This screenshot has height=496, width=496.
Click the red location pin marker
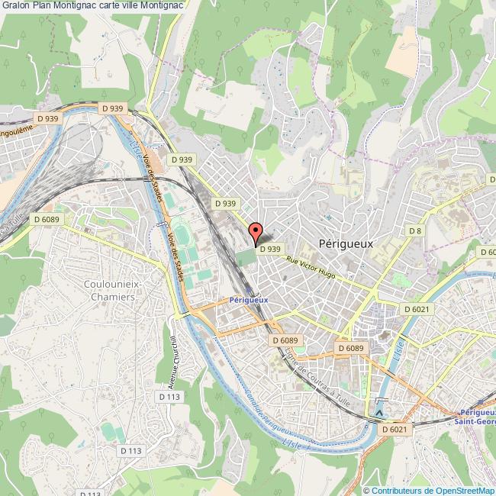click(256, 233)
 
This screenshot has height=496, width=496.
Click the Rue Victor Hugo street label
click(312, 266)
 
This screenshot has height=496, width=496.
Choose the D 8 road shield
click(414, 230)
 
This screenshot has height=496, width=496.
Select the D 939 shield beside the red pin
click(271, 248)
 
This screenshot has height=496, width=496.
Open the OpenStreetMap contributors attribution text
click(429, 491)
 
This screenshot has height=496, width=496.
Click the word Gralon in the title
click(18, 5)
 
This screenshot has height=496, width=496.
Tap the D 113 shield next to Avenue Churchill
click(169, 397)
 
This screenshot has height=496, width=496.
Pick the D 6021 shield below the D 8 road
click(415, 308)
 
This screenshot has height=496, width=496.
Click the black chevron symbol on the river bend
click(380, 413)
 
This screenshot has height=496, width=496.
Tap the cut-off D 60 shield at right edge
click(487, 252)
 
